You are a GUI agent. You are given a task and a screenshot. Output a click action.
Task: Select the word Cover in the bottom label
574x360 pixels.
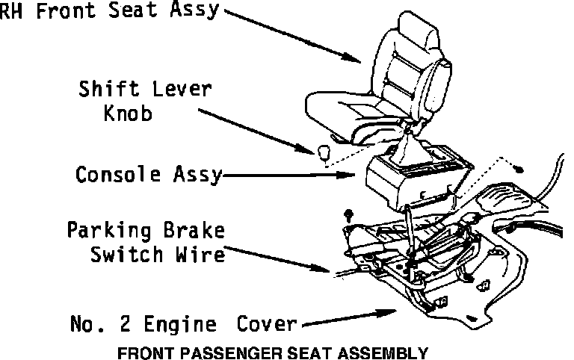[x=268, y=325]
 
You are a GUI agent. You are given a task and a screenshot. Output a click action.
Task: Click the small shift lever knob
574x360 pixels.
[x=324, y=153]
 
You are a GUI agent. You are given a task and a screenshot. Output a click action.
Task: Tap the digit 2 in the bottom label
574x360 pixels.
[x=123, y=325]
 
